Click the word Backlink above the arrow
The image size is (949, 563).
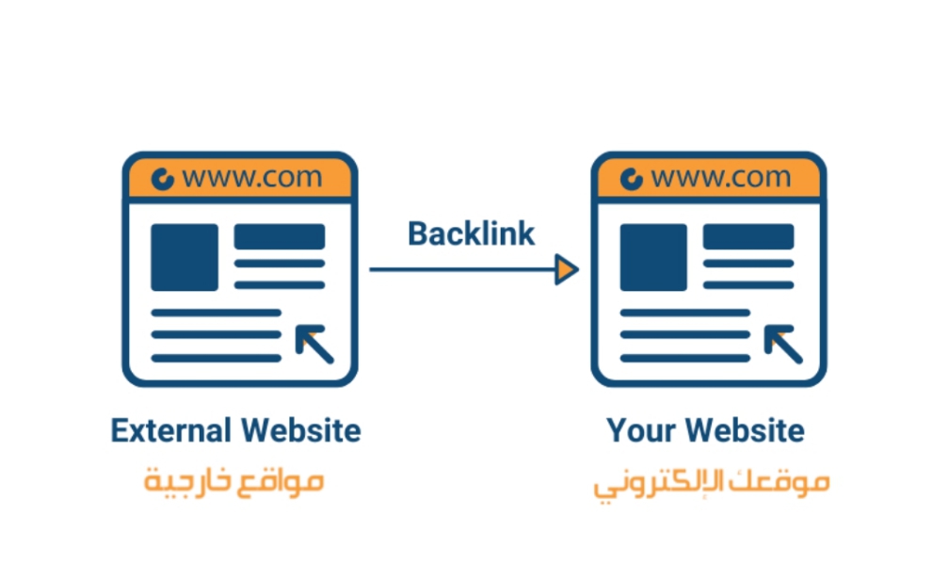click(x=472, y=233)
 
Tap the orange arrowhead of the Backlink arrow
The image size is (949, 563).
click(x=567, y=269)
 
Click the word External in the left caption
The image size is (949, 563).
click(x=171, y=430)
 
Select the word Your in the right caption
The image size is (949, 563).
click(x=641, y=430)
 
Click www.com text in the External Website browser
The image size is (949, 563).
click(x=252, y=177)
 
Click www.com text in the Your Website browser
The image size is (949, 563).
click(x=721, y=177)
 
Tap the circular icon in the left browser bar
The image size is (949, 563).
click(x=162, y=179)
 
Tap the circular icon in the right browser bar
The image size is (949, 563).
click(x=631, y=179)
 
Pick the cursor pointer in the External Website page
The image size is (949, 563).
click(x=314, y=344)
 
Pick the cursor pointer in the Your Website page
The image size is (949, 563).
click(x=782, y=344)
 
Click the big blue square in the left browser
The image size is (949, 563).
click(x=185, y=257)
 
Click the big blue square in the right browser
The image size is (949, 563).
click(x=653, y=257)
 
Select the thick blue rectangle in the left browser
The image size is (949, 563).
click(x=280, y=236)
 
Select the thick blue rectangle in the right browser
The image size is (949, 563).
click(x=748, y=236)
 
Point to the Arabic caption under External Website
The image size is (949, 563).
click(x=233, y=482)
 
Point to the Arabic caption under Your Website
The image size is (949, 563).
click(x=711, y=484)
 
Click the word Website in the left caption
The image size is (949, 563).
click(x=301, y=430)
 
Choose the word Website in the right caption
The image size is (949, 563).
click(x=746, y=430)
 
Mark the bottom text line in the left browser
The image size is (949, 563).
click(x=217, y=359)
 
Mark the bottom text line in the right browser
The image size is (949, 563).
click(x=685, y=359)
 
